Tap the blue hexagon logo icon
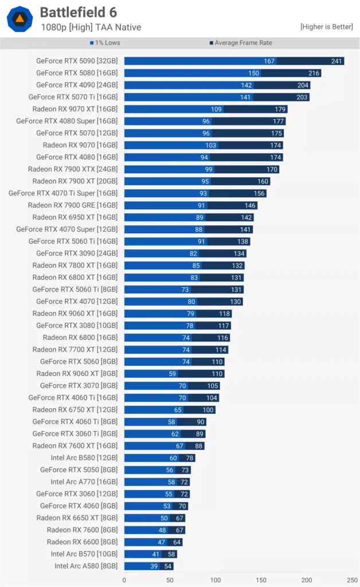point(19,18)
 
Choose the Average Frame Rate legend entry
point(240,43)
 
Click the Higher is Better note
point(327,27)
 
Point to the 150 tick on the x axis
point(261,580)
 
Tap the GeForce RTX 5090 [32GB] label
point(77,61)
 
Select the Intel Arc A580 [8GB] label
point(86,566)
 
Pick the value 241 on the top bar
point(336,61)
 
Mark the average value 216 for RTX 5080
point(314,73)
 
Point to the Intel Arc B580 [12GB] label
point(84,458)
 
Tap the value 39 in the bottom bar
point(154,566)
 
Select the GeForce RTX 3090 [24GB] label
point(77,253)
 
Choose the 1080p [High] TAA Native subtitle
point(91,27)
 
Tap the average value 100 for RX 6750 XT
point(208,410)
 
